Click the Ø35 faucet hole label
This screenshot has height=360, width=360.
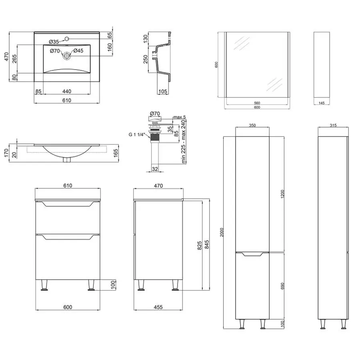click(x=54, y=42)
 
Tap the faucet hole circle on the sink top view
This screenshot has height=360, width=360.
click(x=67, y=38)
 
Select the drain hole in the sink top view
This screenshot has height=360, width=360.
click(x=66, y=56)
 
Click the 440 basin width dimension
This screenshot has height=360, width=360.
click(x=66, y=91)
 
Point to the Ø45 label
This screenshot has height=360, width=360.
click(x=78, y=51)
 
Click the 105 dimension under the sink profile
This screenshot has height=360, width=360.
click(x=162, y=92)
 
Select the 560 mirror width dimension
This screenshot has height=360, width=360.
click(x=257, y=103)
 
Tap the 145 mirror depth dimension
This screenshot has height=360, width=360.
click(x=322, y=103)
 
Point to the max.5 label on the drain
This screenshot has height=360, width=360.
click(x=179, y=117)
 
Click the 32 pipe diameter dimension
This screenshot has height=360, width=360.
click(x=155, y=169)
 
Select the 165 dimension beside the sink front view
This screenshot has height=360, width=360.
click(x=116, y=153)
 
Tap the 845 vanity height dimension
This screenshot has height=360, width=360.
click(x=207, y=244)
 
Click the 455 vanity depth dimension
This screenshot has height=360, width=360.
click(x=158, y=307)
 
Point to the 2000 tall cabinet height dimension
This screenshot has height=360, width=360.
click(x=222, y=232)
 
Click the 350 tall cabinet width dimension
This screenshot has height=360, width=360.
click(x=252, y=125)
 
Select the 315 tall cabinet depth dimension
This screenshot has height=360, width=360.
click(x=333, y=125)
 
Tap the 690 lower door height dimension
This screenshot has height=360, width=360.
click(x=283, y=286)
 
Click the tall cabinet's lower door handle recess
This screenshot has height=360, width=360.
click(x=252, y=254)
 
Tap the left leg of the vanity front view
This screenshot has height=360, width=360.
click(x=44, y=285)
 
